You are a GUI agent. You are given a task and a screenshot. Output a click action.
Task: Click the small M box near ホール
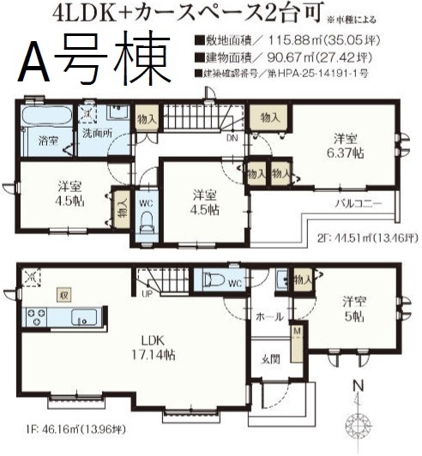click(x=297, y=329)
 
